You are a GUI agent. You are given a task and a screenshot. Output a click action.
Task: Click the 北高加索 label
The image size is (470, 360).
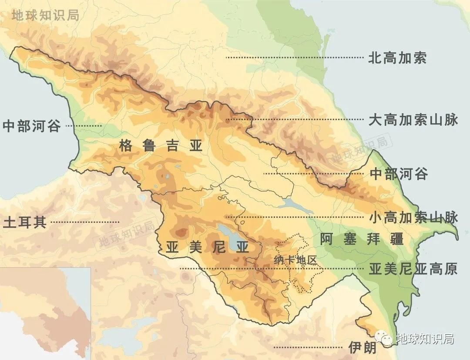[397, 58]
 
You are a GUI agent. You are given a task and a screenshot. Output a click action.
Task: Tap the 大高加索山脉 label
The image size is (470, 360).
[413, 120]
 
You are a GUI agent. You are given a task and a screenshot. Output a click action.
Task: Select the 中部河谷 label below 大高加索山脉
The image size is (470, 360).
[398, 174]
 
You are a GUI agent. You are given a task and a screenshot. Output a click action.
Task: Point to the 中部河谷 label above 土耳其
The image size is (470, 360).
[31, 126]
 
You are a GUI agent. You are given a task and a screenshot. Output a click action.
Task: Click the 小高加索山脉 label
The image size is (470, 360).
[413, 217]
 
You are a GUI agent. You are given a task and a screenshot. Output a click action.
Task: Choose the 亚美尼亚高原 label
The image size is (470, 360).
[413, 269]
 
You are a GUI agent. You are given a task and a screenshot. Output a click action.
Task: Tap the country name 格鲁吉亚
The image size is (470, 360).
[161, 146]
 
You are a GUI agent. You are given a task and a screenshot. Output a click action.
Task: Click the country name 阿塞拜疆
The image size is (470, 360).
[361, 239]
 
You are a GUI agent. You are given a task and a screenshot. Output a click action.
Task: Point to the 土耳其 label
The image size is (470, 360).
[24, 222]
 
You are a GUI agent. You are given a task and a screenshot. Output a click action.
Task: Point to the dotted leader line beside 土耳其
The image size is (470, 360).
[85, 222]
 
